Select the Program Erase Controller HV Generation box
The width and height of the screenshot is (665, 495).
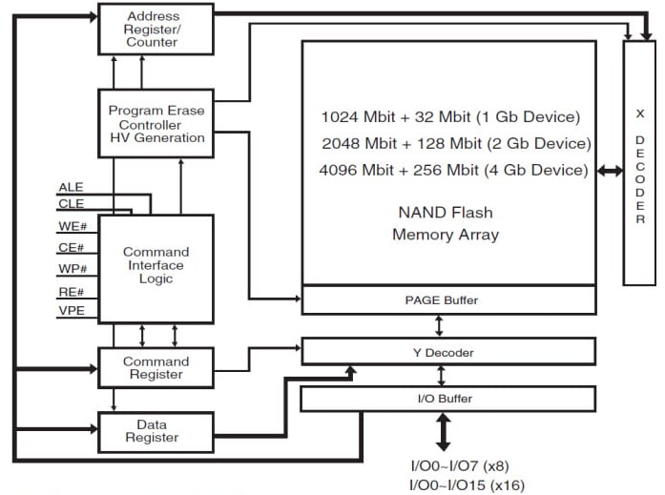tap(156, 124)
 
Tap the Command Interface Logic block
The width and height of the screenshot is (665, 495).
tap(156, 266)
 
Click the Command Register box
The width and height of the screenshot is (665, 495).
tap(156, 368)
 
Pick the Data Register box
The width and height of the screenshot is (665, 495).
tap(156, 430)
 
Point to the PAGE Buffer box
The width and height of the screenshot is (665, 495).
tap(447, 299)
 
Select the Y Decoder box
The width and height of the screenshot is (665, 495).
tap(447, 352)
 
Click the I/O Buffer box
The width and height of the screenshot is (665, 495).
tap(447, 399)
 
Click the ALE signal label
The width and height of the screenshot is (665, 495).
tap(72, 187)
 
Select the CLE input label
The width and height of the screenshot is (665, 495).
tap(72, 203)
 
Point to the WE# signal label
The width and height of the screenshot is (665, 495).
tap(73, 226)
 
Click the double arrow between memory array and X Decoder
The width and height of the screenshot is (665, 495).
tap(610, 171)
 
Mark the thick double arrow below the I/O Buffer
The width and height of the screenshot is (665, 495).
tap(444, 432)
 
